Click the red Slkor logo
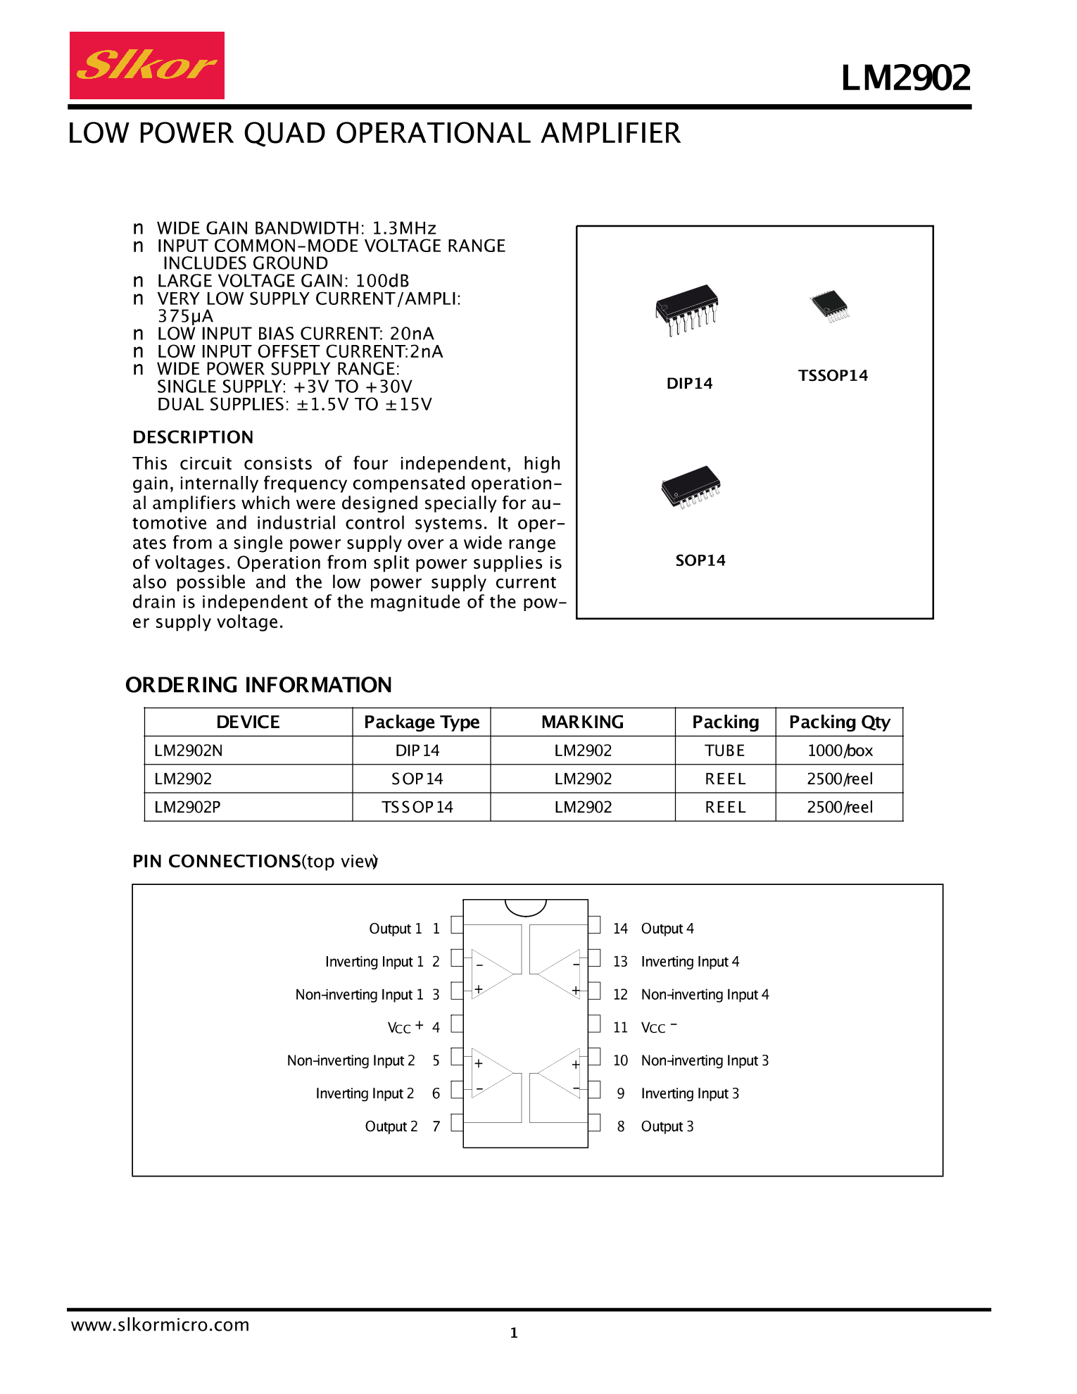[146, 65]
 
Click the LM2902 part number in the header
[905, 77]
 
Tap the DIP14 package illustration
[686, 310]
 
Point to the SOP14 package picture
[691, 486]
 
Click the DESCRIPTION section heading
[193, 437]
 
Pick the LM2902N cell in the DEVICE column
[189, 751]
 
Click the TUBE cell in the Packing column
[724, 751]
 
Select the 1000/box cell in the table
[839, 751]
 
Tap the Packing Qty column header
[839, 722]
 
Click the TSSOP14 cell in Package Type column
[417, 807]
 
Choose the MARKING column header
[582, 722]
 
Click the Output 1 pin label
[396, 929]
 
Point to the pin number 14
[620, 929]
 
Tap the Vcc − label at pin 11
[658, 1027]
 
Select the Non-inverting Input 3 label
[705, 1060]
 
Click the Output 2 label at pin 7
[391, 1126]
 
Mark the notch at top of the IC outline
[526, 908]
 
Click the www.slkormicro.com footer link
[160, 1325]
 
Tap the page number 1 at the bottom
[514, 1333]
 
